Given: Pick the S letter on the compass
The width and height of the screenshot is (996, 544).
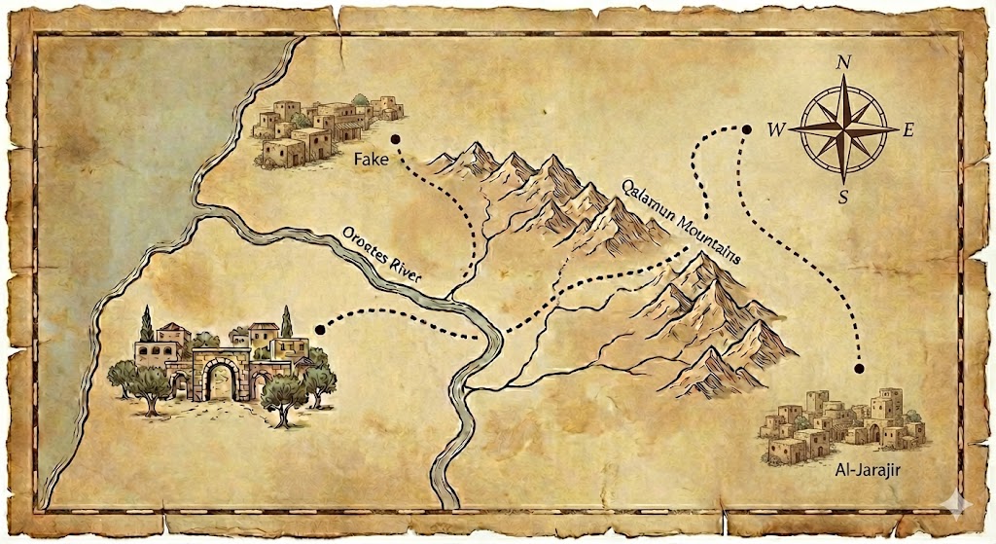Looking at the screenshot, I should tap(844, 197).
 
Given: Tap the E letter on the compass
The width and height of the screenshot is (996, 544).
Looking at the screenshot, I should tap(908, 130).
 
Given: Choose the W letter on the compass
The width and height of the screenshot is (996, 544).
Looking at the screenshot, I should tap(776, 130).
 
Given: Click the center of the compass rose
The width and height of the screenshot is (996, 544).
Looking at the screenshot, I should tap(843, 130).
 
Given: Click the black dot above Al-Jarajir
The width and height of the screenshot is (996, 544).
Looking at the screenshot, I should tap(859, 369).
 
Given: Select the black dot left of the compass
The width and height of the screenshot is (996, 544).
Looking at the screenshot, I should tap(747, 128).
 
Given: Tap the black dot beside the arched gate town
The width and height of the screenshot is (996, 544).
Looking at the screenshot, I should tap(319, 330).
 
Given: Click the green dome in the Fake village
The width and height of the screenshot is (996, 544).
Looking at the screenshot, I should tap(359, 99).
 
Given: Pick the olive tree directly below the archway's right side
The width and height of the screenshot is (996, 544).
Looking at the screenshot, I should tap(282, 398).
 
